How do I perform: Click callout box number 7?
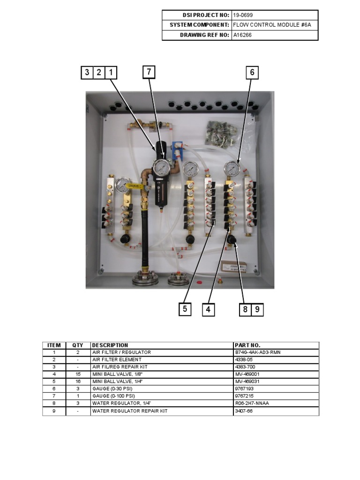(x=149, y=72)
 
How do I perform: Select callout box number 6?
(x=252, y=72)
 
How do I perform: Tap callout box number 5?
(x=185, y=309)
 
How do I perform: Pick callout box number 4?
(x=208, y=309)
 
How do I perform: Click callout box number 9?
(x=257, y=309)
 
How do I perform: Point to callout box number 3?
(x=87, y=72)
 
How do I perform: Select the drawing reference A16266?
(x=242, y=35)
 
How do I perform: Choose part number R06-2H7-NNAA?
(x=253, y=403)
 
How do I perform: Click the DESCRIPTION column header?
(x=110, y=345)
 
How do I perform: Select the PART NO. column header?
(x=247, y=345)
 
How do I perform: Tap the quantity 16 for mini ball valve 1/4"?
(x=78, y=382)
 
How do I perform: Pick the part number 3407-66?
(x=243, y=411)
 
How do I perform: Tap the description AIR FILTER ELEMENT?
(x=117, y=360)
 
